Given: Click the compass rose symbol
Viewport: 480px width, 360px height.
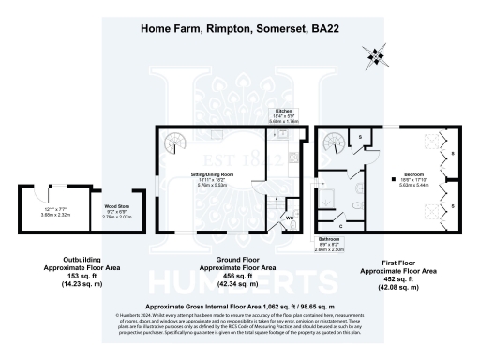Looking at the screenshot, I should click(377, 58).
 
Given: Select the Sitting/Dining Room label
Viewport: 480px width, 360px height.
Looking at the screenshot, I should click(217, 175).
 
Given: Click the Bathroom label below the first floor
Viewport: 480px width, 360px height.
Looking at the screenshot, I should click(329, 239).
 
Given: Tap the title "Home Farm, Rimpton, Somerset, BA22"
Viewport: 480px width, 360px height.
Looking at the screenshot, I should click(239, 28).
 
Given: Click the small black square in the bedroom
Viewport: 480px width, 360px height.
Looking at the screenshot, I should click(384, 176).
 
